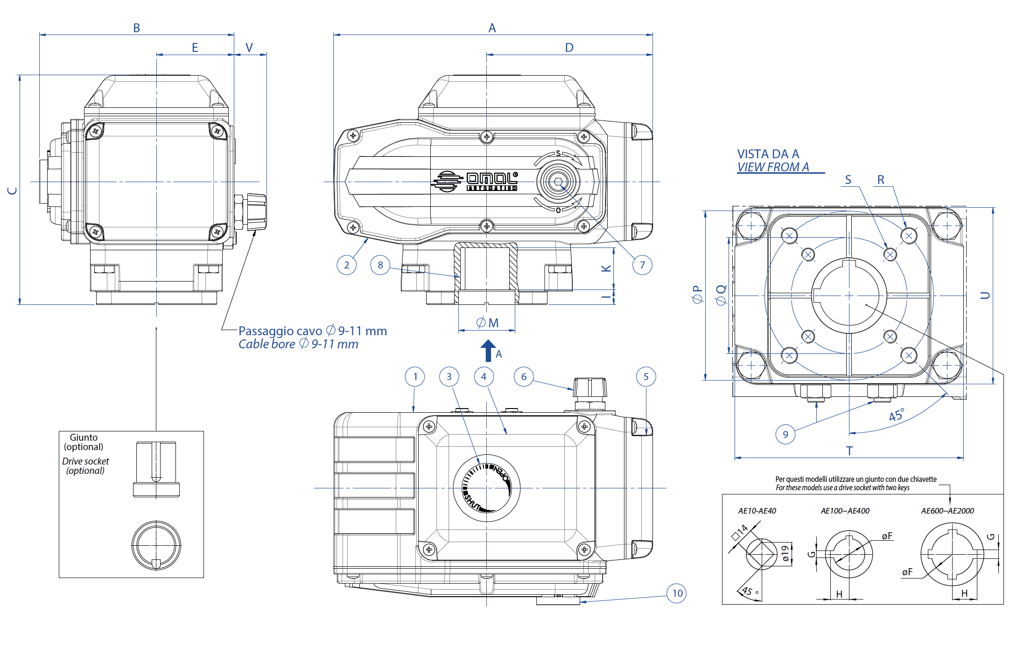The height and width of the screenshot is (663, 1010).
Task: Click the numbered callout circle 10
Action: (x=677, y=593)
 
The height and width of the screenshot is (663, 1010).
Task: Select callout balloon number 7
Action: (x=642, y=265)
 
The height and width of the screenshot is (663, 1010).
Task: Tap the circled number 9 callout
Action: (x=786, y=434)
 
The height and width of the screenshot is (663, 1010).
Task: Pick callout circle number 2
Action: (x=346, y=265)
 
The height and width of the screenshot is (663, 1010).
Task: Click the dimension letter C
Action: (x=13, y=190)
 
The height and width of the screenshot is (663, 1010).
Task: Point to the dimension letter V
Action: (x=249, y=48)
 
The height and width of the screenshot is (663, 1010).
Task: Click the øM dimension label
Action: (x=488, y=323)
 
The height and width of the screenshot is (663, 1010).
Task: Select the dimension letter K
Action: (x=606, y=268)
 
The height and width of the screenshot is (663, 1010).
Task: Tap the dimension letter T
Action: (x=849, y=451)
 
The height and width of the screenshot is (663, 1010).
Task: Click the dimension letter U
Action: (x=985, y=295)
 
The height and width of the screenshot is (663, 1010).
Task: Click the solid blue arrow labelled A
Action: (x=488, y=351)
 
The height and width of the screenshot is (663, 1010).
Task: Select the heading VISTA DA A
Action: (x=768, y=154)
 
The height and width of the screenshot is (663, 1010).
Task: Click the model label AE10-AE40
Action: (x=757, y=511)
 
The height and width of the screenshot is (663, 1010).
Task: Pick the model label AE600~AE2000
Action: (x=947, y=511)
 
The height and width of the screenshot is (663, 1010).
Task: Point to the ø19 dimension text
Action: (x=786, y=554)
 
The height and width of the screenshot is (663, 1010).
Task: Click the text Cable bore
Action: (x=267, y=345)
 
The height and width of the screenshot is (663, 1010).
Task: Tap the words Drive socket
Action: (x=85, y=461)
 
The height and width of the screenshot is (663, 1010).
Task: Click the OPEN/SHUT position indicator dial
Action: (x=487, y=488)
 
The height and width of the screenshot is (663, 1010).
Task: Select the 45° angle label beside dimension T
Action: (x=896, y=415)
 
